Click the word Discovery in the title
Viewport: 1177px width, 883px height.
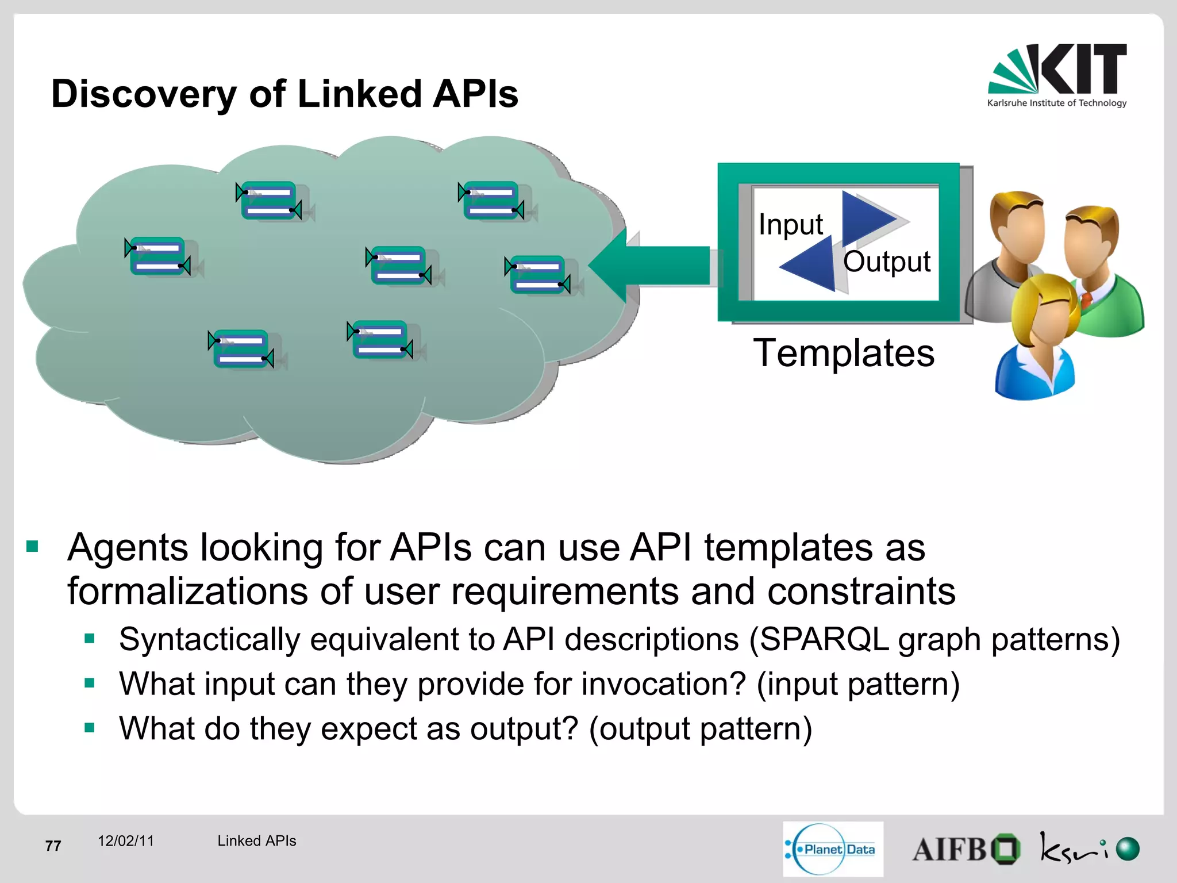tap(144, 94)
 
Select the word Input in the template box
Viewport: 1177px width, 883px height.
tap(790, 224)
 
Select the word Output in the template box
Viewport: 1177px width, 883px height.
tap(886, 262)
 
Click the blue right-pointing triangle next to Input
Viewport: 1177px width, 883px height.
tap(865, 218)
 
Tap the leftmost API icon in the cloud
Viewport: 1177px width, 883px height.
tap(157, 256)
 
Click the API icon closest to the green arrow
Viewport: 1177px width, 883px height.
tap(537, 275)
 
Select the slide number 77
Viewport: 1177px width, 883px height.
tap(53, 846)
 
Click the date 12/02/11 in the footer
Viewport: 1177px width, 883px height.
tap(126, 841)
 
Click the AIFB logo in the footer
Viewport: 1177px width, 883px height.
tap(966, 849)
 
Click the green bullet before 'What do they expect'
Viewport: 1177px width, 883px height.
tap(89, 728)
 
